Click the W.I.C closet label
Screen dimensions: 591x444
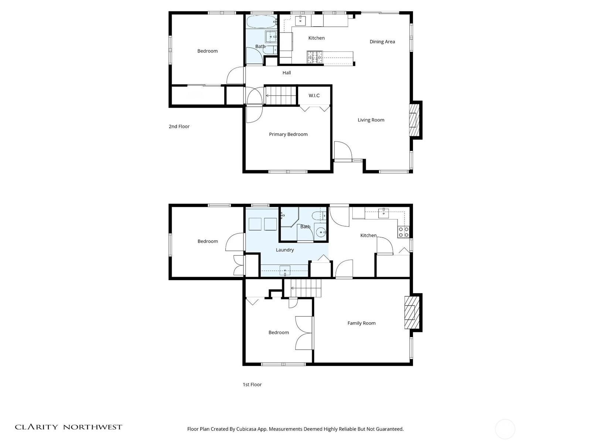pos(314,95)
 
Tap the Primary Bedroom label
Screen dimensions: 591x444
pos(288,134)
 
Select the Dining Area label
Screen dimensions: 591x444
pos(382,41)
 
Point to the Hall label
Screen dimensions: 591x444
pos(287,73)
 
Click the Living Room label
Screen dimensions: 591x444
pos(371,120)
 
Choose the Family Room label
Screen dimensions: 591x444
pos(361,323)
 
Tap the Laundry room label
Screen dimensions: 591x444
pos(284,250)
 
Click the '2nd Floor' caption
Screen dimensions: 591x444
pos(179,127)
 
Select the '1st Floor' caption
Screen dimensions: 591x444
pos(252,384)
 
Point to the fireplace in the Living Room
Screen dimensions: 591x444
pos(414,120)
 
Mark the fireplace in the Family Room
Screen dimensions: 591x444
pos(412,312)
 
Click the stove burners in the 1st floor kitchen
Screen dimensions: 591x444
pos(403,232)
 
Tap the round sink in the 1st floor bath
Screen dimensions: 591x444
pos(320,232)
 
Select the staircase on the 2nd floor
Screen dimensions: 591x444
pos(281,95)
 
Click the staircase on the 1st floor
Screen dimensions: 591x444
pos(306,288)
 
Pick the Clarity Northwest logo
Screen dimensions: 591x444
pos(68,427)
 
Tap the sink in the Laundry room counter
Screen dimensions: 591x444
pos(284,270)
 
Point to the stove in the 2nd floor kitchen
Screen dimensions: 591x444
pos(315,57)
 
